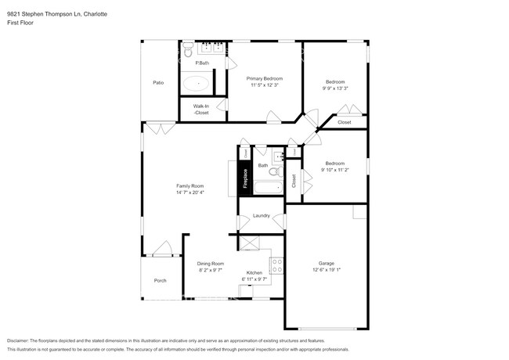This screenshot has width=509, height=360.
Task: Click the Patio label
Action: click(157, 82)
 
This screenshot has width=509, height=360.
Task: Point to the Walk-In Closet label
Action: click(201, 110)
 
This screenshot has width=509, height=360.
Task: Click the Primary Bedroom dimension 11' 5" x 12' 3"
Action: click(264, 85)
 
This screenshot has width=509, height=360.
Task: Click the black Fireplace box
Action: click(245, 178)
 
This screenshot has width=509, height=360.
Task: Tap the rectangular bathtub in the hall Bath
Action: click(263, 189)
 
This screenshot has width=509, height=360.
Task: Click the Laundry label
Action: click(261, 215)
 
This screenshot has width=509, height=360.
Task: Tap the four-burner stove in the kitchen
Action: click(276, 267)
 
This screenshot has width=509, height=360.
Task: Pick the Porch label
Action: click(160, 280)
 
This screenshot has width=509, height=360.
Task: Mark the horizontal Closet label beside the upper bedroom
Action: click(345, 122)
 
